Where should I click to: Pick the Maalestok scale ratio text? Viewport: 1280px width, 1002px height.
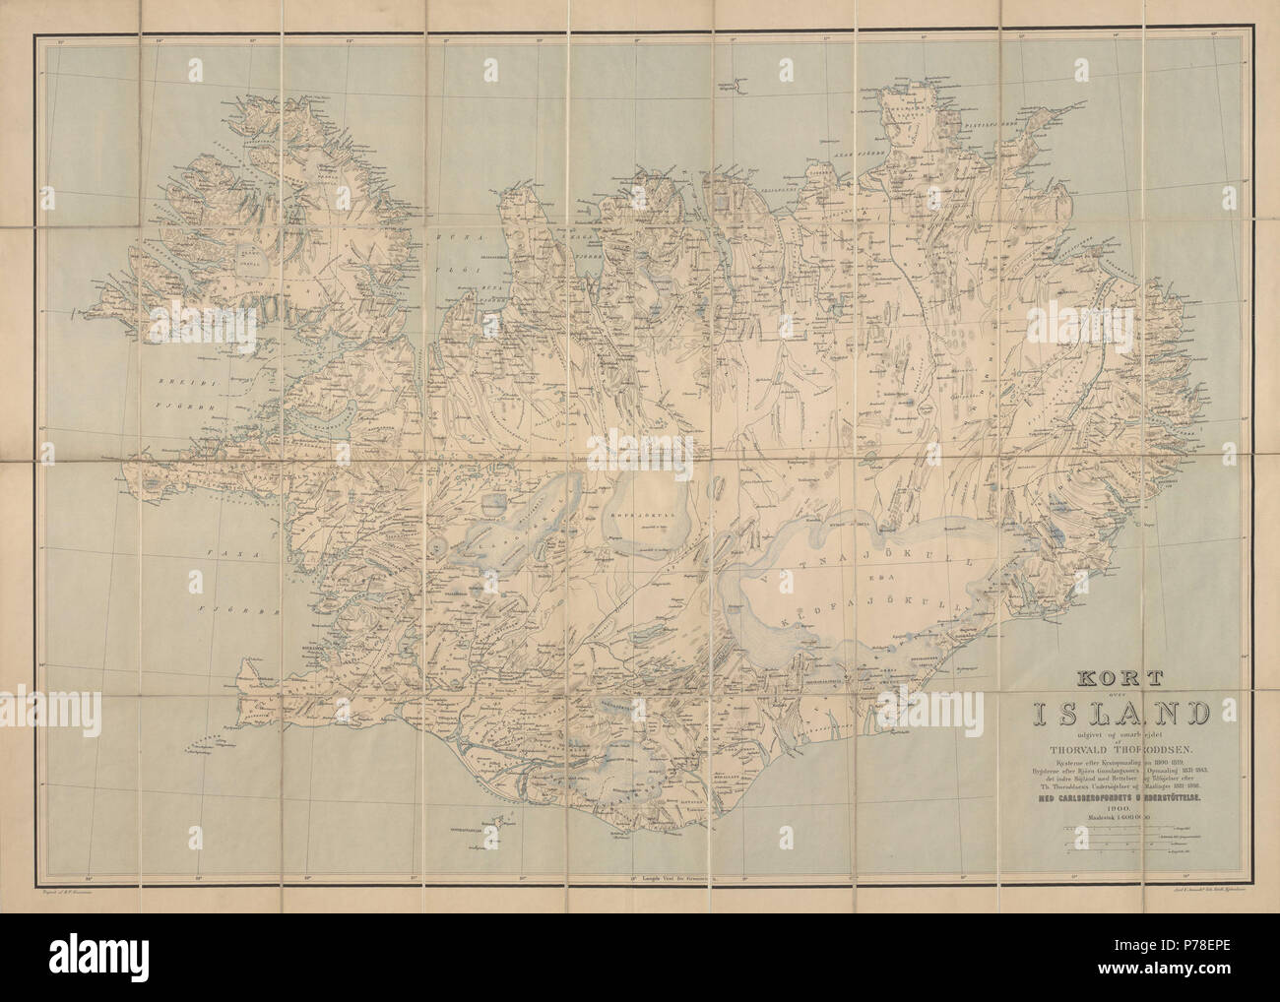click(1113, 815)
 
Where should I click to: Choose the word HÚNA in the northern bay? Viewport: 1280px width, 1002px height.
click(464, 239)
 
